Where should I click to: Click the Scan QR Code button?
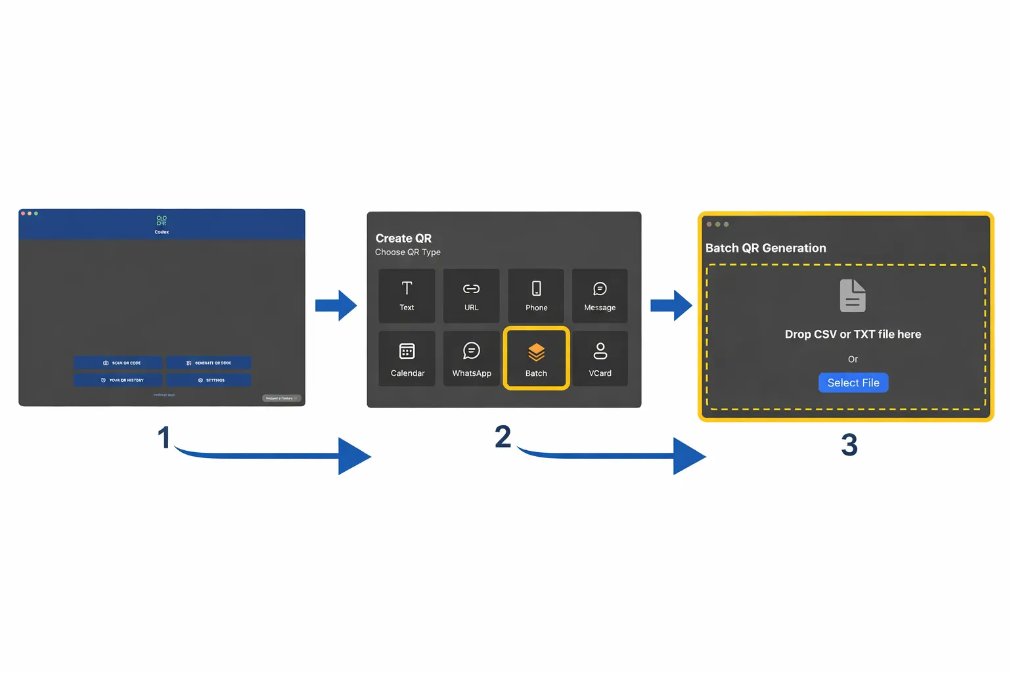[118, 363]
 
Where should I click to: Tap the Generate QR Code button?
[208, 363]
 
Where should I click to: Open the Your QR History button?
[118, 380]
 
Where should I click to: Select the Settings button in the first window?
[208, 380]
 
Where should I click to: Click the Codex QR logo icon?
[162, 221]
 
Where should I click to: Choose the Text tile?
[407, 296]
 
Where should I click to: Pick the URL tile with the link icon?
[471, 296]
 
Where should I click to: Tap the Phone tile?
[536, 296]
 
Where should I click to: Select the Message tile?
[600, 296]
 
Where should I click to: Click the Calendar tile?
[407, 359]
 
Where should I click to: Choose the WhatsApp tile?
[471, 359]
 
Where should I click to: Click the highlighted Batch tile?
[536, 359]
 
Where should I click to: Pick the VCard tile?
[600, 359]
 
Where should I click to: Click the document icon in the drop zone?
[853, 296]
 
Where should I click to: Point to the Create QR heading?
[403, 239]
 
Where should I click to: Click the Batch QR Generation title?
[765, 248]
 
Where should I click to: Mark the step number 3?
[849, 446]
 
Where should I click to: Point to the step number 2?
[503, 437]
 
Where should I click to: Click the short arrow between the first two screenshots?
[336, 306]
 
